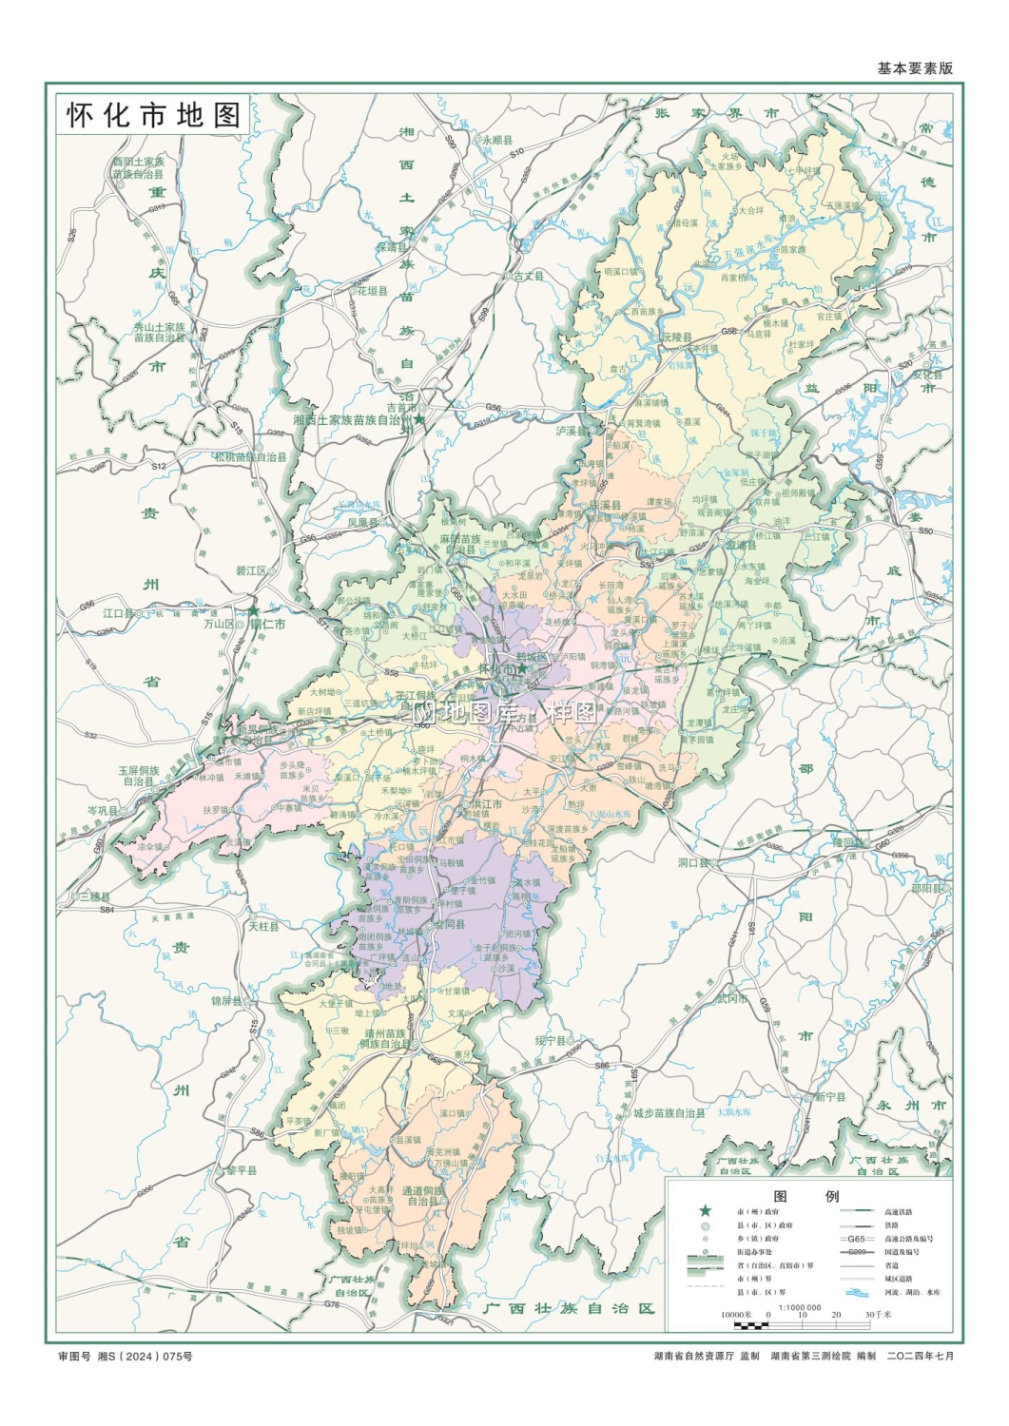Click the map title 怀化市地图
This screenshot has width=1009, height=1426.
(x=153, y=115)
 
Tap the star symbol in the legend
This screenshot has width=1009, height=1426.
(x=705, y=1211)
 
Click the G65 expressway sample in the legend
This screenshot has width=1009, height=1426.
(x=856, y=1239)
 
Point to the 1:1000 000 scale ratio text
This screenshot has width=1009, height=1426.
(x=800, y=1307)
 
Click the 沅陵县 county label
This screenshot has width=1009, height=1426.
(x=678, y=337)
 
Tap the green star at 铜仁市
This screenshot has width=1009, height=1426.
(x=254, y=611)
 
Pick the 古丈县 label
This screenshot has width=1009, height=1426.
(x=529, y=276)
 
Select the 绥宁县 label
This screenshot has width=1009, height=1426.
(x=550, y=1041)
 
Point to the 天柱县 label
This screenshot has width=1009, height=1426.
(x=263, y=925)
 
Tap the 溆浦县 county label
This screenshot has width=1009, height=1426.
(x=742, y=546)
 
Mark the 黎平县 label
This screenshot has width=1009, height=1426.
(x=241, y=1170)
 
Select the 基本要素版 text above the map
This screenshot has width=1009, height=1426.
(x=914, y=68)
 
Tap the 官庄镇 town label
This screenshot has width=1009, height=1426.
(x=829, y=317)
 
